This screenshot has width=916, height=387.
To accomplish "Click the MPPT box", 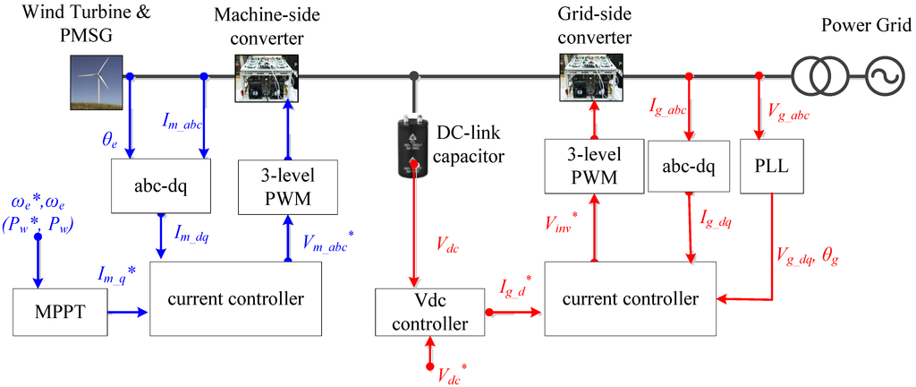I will click(x=57, y=313).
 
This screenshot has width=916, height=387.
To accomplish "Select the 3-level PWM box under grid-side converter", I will click(x=594, y=167).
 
